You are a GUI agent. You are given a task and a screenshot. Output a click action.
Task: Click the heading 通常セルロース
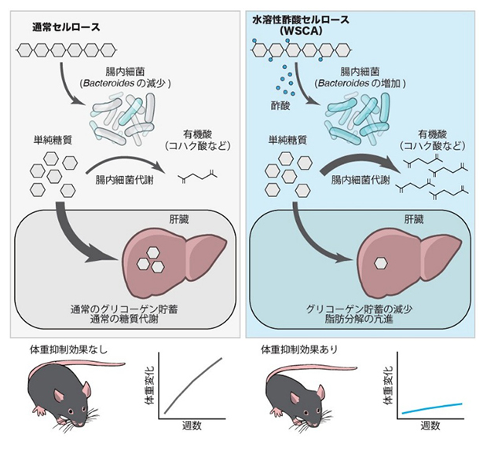click(68, 27)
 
